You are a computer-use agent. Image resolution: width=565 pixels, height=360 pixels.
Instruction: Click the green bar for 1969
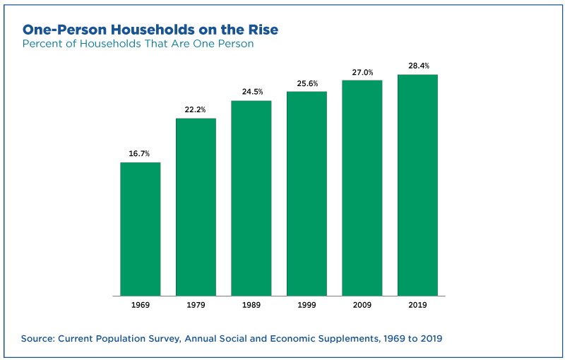(140, 229)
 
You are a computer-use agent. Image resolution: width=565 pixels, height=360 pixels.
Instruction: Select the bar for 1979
(196, 208)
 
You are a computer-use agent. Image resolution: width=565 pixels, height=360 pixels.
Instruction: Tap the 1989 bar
(251, 198)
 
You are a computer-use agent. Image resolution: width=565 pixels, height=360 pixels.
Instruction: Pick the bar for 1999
(307, 194)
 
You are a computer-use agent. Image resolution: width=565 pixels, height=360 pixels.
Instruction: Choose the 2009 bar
(362, 188)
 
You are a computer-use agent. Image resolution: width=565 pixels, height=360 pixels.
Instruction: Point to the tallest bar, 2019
(417, 186)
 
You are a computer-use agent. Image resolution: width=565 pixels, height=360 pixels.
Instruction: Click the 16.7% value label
(139, 154)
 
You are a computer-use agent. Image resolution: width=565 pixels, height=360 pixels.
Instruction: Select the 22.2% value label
(195, 109)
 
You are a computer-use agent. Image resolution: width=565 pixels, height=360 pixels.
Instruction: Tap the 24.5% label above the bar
(252, 92)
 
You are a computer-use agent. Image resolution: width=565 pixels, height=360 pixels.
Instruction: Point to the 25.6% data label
(307, 83)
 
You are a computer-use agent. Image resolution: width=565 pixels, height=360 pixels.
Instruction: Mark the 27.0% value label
(362, 73)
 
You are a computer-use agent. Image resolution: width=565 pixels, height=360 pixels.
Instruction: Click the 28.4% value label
(419, 66)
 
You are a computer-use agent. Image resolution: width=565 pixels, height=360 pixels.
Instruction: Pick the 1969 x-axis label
(140, 305)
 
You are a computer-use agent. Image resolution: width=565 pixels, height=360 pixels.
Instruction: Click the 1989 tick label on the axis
(251, 305)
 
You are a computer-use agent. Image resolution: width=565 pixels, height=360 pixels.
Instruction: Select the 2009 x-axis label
(362, 305)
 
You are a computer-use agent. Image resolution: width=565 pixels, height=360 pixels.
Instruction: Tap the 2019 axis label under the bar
(417, 305)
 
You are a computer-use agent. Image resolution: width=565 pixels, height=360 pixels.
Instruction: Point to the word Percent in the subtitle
(40, 44)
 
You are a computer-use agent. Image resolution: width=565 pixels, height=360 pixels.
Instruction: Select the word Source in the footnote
(38, 339)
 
